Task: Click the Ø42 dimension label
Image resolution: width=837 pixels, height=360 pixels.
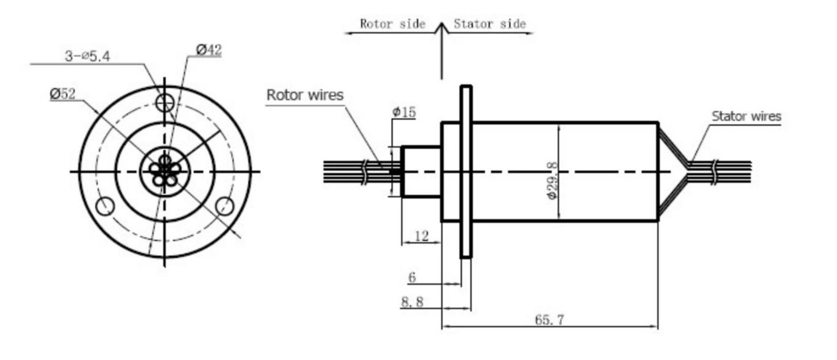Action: click(x=209, y=50)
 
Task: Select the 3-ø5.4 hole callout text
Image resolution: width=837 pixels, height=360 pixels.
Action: click(x=87, y=56)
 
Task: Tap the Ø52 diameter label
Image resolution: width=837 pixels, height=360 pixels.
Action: click(x=63, y=94)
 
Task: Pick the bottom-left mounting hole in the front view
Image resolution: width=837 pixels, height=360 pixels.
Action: click(x=105, y=206)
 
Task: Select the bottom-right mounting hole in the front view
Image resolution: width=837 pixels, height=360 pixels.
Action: click(x=225, y=206)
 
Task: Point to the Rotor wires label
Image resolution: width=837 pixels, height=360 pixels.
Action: click(x=305, y=95)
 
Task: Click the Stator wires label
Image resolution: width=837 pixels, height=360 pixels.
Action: click(x=746, y=116)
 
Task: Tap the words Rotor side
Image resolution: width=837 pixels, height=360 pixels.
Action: click(x=392, y=24)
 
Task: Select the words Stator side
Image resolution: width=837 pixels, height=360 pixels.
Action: click(x=489, y=24)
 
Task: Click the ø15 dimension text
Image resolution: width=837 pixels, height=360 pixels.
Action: click(x=404, y=112)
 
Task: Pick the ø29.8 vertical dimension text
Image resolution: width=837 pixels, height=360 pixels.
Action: click(x=551, y=181)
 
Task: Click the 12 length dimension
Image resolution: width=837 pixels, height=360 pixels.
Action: click(x=422, y=236)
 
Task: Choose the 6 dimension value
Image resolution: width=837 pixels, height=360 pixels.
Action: click(x=412, y=277)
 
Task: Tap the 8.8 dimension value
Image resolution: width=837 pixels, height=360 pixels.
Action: click(x=412, y=302)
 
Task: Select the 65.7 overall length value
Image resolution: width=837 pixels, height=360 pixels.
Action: click(x=549, y=320)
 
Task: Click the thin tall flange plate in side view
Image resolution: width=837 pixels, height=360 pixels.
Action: click(x=466, y=172)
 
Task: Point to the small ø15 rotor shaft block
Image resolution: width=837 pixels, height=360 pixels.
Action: click(x=421, y=172)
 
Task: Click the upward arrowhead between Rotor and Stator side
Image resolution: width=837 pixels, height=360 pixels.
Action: click(x=442, y=27)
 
